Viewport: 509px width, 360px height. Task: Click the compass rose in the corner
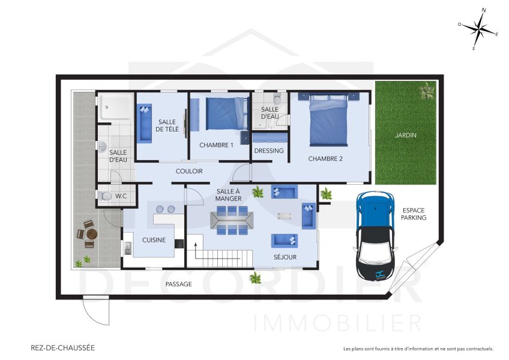point(478,28)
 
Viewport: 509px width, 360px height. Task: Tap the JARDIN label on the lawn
point(405,135)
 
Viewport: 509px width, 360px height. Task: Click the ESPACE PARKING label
point(414,214)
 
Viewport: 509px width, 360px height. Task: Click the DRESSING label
point(269,151)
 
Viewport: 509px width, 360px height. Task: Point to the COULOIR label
point(189,171)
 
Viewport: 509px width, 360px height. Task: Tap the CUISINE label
point(154,240)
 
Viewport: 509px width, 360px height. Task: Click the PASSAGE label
point(178,284)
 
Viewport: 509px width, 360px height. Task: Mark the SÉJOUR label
point(286,257)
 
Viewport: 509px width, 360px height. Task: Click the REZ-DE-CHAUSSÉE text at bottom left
point(62,347)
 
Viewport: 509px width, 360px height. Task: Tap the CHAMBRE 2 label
point(325,159)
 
